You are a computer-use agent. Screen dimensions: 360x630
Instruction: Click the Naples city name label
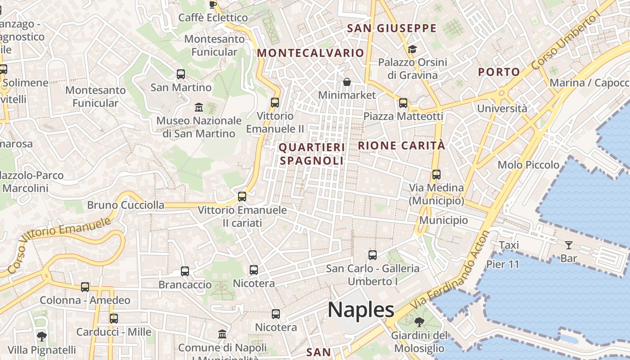click(x=361, y=310)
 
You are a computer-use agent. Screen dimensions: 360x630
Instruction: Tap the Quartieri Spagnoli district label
click(x=312, y=154)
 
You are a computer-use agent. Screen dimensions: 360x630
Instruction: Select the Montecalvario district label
click(x=310, y=53)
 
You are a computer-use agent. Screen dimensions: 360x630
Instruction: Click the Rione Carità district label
click(x=401, y=145)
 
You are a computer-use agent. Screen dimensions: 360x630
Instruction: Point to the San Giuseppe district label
click(x=392, y=28)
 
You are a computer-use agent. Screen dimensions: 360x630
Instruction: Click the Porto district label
click(x=499, y=72)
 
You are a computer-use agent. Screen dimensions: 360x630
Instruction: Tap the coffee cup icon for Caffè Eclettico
click(x=213, y=4)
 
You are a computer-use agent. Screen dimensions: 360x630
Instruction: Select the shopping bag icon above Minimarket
click(x=346, y=82)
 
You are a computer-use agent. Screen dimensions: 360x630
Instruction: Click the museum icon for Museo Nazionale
click(x=198, y=107)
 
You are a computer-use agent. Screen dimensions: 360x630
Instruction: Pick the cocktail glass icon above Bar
click(x=569, y=245)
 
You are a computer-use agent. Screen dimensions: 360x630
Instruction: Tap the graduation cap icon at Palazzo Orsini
click(x=412, y=49)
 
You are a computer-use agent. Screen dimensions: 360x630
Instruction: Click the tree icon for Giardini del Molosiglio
click(x=419, y=322)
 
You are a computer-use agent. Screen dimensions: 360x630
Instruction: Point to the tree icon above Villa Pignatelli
click(x=41, y=336)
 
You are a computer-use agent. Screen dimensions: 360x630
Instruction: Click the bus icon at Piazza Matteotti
click(x=403, y=103)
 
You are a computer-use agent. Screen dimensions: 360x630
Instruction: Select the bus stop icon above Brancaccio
click(x=185, y=271)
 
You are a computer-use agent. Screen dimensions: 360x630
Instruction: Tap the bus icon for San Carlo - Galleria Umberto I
click(x=373, y=255)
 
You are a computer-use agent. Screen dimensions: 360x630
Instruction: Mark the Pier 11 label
click(x=503, y=264)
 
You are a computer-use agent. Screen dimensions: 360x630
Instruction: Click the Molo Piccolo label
click(x=528, y=165)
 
